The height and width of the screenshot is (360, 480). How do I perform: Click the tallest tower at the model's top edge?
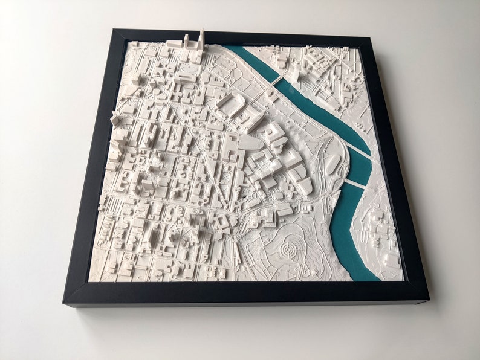201,40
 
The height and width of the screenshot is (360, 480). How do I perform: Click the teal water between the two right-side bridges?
360,168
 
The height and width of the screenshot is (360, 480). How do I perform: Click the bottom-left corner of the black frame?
65,302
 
